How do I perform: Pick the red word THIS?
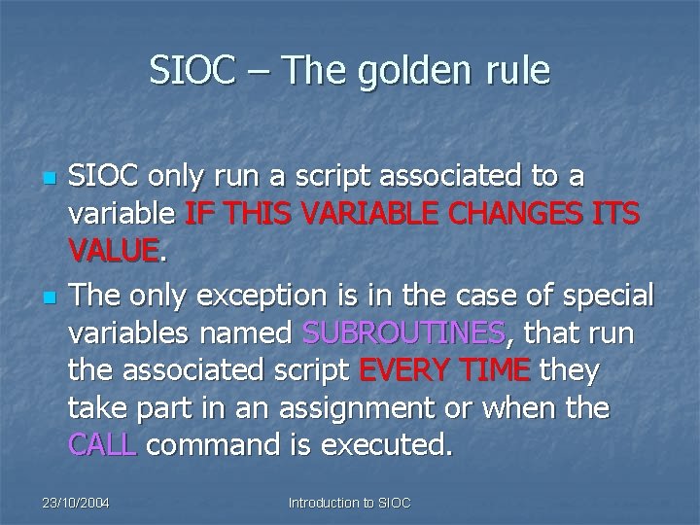[x=251, y=215]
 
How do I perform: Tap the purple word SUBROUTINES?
[x=404, y=333]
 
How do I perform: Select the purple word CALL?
[x=103, y=445]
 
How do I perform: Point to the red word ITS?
[x=612, y=215]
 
